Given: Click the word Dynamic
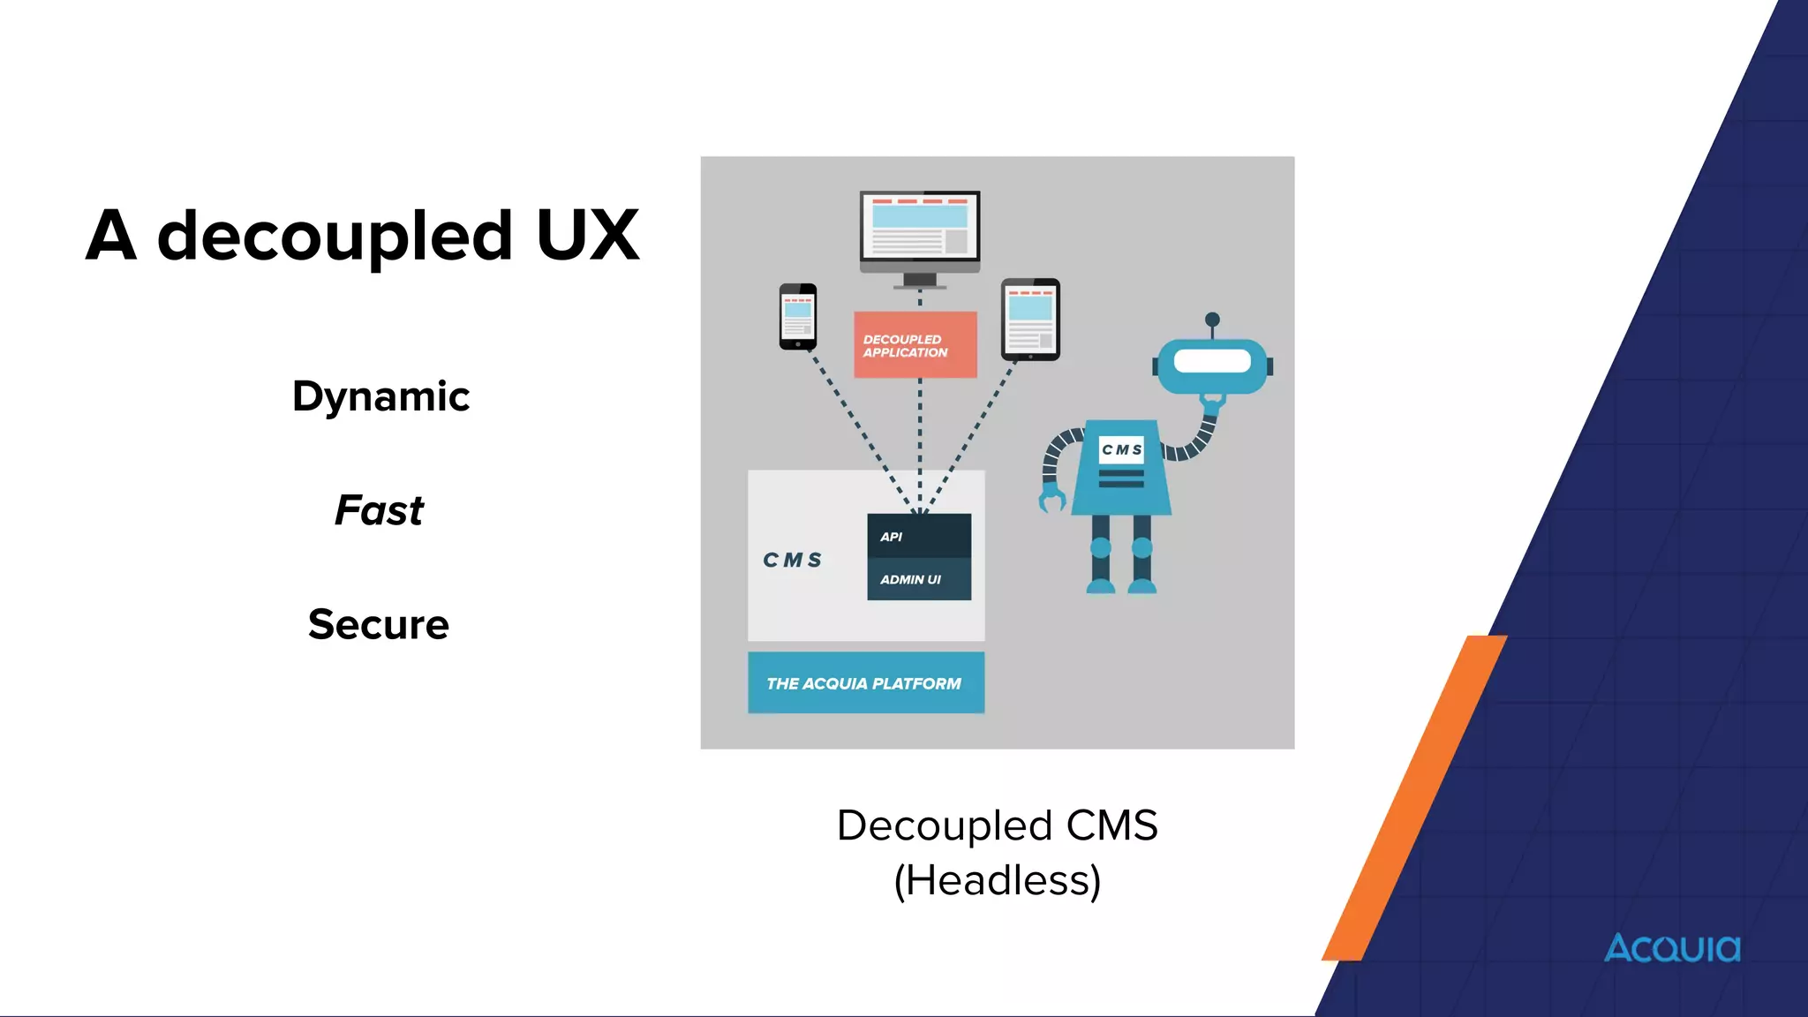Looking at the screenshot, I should (x=380, y=396).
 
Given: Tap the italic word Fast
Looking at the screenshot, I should (x=379, y=510).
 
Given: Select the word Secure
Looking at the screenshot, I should (x=379, y=624).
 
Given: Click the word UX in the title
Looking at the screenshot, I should (x=587, y=236).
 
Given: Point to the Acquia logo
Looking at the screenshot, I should (x=1672, y=948).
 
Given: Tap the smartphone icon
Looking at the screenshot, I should (x=798, y=316).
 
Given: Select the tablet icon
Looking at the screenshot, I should (x=1030, y=320).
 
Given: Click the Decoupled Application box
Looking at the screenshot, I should (x=915, y=345).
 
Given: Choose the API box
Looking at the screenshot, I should (x=919, y=536).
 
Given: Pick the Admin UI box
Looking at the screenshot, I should (x=919, y=579).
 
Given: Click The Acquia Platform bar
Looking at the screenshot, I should (x=865, y=682).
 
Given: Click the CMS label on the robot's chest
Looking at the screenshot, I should (x=1121, y=449).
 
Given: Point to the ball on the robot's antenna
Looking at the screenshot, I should (x=1212, y=320).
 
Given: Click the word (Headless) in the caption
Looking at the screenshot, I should (x=997, y=880).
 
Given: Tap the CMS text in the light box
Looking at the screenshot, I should (x=792, y=560).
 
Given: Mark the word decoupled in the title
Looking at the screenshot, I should (x=335, y=236).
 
